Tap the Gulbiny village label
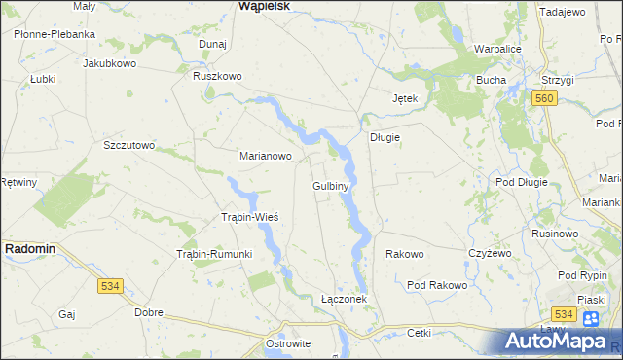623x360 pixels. pos(331,184)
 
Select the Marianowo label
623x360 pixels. pos(266,155)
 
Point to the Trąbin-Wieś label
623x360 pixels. pos(250,216)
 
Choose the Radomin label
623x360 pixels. pos(30,249)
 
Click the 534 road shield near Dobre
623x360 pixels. pos(110,285)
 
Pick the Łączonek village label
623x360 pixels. pos(344,299)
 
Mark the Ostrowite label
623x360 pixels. pos(288,344)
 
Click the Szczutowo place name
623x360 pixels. pos(129,145)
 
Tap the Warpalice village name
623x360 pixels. pos(500,48)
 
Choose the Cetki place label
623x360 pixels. pos(419,332)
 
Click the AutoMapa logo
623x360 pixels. pos(563,342)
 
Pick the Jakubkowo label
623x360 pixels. pos(108,62)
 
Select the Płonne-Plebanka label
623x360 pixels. pos(55,33)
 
